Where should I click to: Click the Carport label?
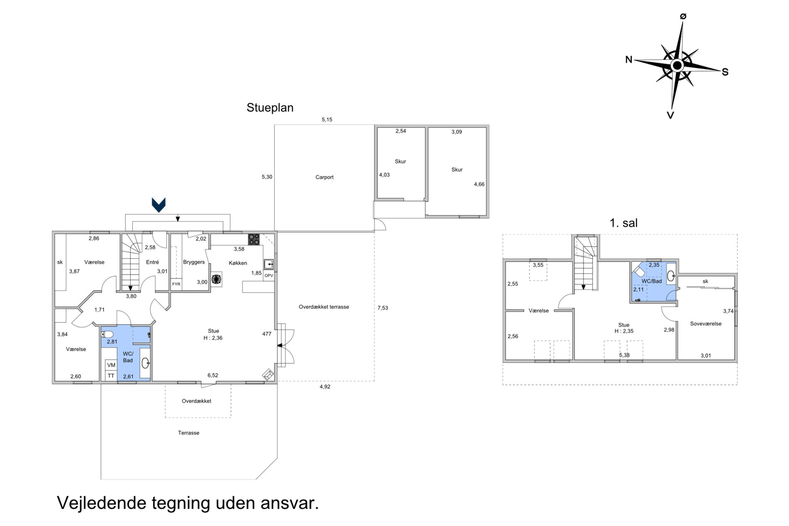324,177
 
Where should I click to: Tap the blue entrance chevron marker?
159,205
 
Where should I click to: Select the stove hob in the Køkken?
254,240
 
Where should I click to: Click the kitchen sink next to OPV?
269,264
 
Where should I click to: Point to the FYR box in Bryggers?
176,284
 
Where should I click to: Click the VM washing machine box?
111,365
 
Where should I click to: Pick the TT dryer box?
111,376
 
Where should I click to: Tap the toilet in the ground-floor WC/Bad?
107,334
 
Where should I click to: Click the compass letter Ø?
683,16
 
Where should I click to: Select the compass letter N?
629,60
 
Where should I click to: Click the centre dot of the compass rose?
677,66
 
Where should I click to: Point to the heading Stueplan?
270,108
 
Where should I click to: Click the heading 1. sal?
623,223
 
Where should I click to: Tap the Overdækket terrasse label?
324,307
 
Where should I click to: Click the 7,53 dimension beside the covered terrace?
382,308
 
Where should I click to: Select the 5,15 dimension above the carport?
327,120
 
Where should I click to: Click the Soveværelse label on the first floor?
706,324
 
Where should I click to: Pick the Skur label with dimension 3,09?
457,170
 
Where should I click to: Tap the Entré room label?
152,262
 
